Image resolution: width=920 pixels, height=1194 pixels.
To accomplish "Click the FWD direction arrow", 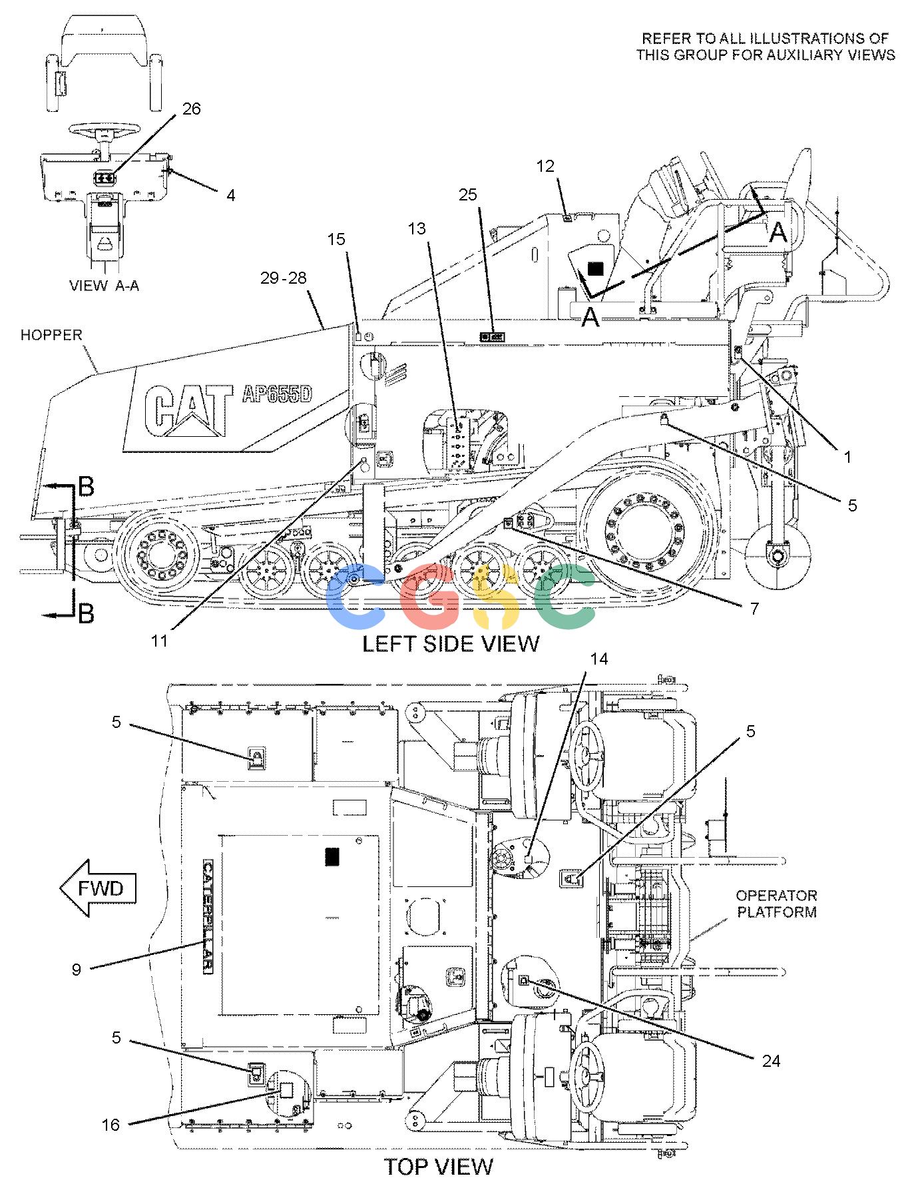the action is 98,888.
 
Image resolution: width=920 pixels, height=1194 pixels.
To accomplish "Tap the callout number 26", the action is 191,109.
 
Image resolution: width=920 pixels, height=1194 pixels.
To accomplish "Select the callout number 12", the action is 545,166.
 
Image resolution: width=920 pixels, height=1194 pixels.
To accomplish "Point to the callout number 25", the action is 468,194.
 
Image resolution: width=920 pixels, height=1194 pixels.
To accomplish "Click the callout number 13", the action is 417,229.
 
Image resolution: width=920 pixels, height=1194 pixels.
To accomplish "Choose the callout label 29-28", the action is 283,278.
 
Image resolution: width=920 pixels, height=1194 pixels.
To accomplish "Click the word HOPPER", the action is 51,335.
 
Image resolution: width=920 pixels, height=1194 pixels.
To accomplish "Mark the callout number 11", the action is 158,641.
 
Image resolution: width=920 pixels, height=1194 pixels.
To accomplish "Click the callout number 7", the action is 754,608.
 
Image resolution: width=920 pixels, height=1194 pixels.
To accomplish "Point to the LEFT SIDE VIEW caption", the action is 451,643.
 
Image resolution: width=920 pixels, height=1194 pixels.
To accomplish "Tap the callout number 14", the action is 598,659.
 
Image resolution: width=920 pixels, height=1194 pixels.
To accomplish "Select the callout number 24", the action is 771,1060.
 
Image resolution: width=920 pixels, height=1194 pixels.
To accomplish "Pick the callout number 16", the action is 111,1125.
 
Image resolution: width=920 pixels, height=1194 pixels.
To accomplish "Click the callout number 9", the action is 77,970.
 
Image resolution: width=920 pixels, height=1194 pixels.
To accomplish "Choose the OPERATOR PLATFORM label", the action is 776,904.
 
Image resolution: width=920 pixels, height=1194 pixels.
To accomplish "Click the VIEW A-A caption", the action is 105,286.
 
